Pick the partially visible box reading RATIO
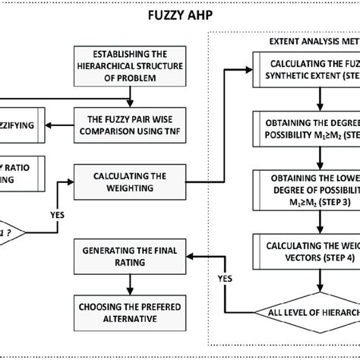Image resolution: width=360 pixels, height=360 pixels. click(23, 175)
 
